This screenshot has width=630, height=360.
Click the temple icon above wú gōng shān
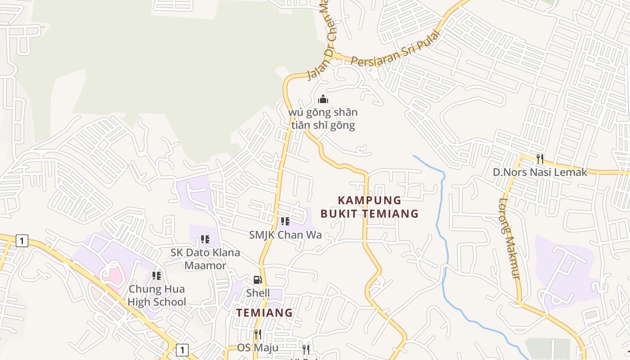(x=323, y=99)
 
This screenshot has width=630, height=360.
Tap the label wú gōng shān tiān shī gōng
(x=323, y=119)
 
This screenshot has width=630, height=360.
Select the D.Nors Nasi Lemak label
(x=540, y=172)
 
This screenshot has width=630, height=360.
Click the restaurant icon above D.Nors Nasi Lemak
(x=540, y=158)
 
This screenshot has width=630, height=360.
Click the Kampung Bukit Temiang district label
(x=369, y=207)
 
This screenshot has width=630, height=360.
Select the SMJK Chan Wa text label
(x=285, y=234)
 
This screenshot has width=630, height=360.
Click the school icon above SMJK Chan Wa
(x=285, y=221)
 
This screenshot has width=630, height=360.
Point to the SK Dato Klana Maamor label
(x=205, y=259)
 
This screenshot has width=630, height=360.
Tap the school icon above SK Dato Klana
(x=205, y=239)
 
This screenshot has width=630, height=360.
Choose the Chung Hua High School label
(x=157, y=295)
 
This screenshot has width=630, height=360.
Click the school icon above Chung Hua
(x=157, y=275)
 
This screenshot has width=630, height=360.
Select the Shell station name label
(x=258, y=293)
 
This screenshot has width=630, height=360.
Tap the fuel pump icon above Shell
(x=257, y=280)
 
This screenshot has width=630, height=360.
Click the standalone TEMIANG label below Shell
(x=265, y=312)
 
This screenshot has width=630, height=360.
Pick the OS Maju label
(x=257, y=347)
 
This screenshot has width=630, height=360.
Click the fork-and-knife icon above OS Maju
(x=257, y=334)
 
